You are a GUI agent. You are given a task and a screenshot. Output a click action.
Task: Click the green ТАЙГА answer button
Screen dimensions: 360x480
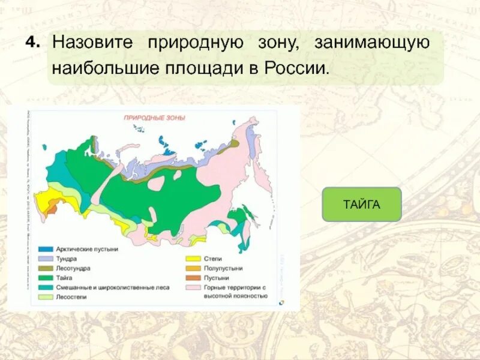(361, 204)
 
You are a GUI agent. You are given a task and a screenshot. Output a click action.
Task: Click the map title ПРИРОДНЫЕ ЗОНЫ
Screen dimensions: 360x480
(154, 118)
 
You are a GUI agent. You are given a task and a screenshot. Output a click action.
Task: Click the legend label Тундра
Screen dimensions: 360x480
(67, 259)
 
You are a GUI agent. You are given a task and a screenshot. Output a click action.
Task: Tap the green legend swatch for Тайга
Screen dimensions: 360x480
(46, 278)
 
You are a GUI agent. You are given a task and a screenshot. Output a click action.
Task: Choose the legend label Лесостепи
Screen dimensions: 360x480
(71, 297)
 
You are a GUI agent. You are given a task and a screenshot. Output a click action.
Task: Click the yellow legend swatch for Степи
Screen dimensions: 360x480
(193, 259)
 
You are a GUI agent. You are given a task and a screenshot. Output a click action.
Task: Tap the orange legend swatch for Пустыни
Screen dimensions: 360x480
(193, 278)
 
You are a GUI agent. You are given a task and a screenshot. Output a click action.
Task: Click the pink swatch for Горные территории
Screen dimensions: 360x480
(193, 287)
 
